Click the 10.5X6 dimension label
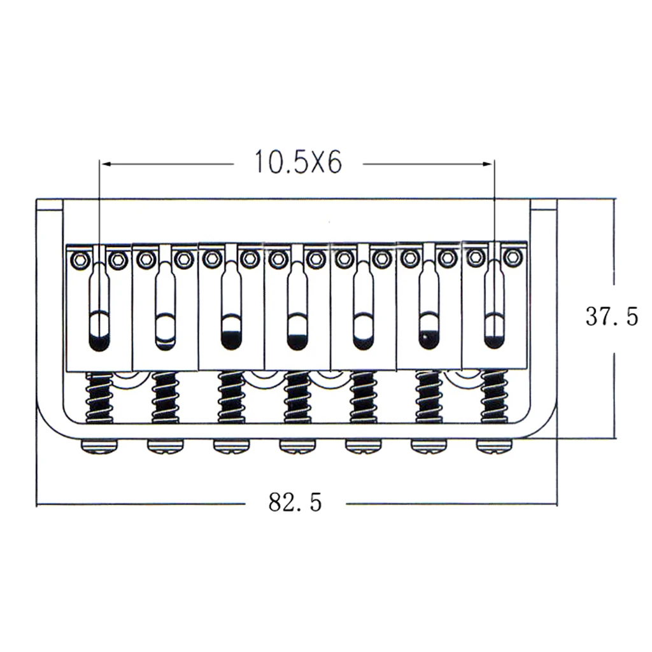click(298, 162)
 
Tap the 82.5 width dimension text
click(295, 502)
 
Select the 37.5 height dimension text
click(612, 316)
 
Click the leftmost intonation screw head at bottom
click(99, 446)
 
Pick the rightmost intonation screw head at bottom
click(494, 446)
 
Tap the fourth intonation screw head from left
click(297, 446)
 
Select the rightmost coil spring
click(494, 396)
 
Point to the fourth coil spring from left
click(297, 397)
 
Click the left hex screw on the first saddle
click(80, 260)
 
